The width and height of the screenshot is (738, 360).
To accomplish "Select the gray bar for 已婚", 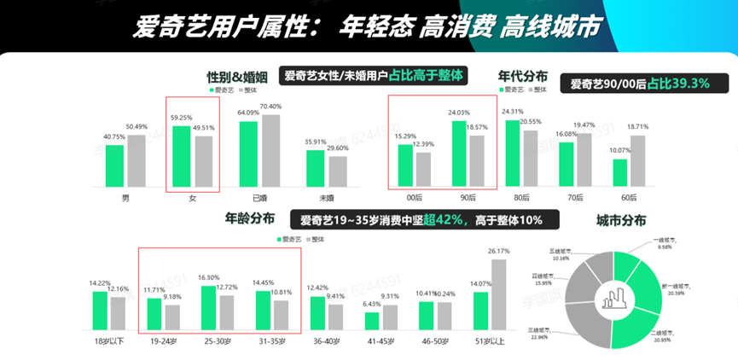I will click(x=270, y=150).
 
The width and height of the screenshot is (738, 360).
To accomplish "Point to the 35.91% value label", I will click(x=316, y=142).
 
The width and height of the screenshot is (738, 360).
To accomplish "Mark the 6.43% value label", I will click(x=372, y=305).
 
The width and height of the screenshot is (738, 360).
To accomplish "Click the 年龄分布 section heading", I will click(x=249, y=218).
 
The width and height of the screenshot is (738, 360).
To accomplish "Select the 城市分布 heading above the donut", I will click(x=622, y=219).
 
